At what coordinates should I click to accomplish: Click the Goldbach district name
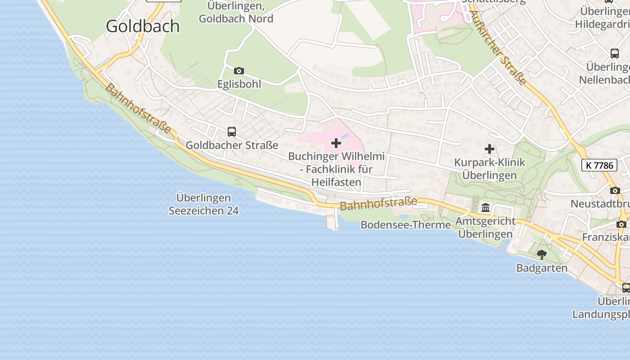point(143,26)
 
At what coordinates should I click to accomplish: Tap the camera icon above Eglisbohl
point(239,71)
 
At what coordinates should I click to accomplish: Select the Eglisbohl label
point(239,84)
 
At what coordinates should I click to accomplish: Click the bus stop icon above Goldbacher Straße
point(232,132)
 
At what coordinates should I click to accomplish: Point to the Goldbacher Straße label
point(232,145)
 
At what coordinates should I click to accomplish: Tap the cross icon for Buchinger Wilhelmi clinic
point(336,143)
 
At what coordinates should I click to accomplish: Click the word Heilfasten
point(336,182)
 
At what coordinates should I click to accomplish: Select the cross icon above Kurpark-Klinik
point(490,149)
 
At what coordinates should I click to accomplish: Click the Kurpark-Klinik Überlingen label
point(490,169)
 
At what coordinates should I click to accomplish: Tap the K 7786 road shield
point(599,165)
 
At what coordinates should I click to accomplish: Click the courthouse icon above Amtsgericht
point(486,208)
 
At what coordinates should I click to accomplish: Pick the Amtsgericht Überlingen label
point(486,227)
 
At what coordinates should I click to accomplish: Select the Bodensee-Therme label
point(405,225)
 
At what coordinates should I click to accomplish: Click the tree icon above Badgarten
point(542,254)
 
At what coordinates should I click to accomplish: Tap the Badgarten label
point(542,268)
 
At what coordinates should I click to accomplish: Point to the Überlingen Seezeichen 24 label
point(203,204)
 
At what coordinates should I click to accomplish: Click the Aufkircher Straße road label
point(499,48)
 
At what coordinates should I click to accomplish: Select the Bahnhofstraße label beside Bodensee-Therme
point(378,203)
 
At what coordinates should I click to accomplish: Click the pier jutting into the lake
point(333,221)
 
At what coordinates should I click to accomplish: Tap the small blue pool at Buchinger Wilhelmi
point(345,135)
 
